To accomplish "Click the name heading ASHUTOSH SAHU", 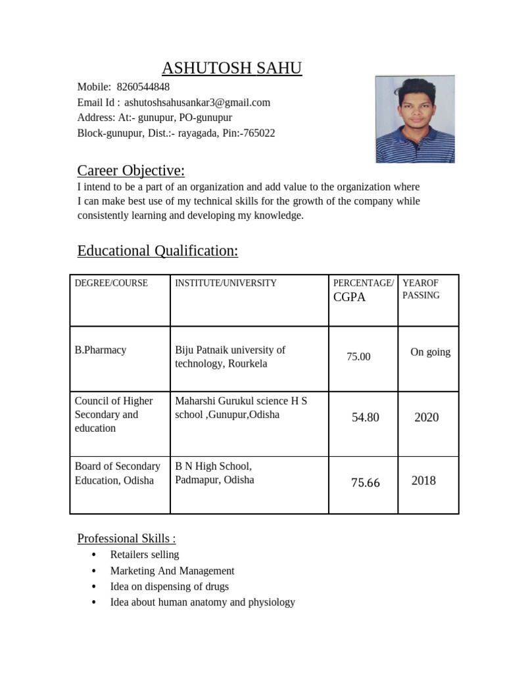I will click(x=232, y=68).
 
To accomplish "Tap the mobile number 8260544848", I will click(x=143, y=87).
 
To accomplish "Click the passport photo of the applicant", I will click(x=414, y=119).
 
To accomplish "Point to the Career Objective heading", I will click(x=131, y=171).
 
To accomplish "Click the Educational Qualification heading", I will click(x=157, y=250).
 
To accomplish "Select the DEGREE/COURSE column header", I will click(x=111, y=283).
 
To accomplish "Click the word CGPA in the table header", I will click(x=349, y=297).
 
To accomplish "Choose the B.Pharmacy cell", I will click(x=100, y=350).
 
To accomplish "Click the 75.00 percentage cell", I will click(x=358, y=357).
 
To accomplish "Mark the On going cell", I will click(x=430, y=352).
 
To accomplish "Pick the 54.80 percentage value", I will click(x=365, y=417).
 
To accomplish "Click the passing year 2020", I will click(x=426, y=417).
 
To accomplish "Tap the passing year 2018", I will click(x=423, y=480).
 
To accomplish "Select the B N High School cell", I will click(x=214, y=473).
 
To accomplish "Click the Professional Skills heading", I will click(x=126, y=539).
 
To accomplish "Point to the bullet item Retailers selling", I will click(x=145, y=555).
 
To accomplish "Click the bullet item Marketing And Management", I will click(x=172, y=571).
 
